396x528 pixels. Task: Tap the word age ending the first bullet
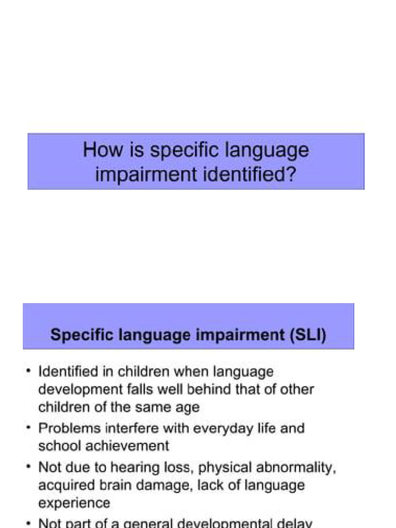point(186,407)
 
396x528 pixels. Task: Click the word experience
point(74,503)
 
